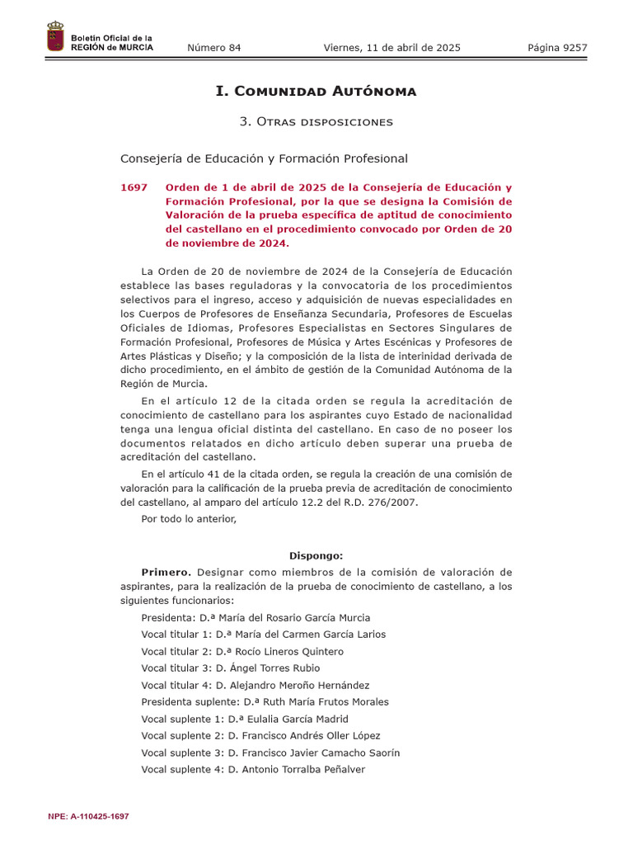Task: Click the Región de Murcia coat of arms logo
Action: pyautogui.click(x=55, y=38)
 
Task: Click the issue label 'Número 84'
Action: pyautogui.click(x=214, y=48)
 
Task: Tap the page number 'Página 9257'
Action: pyautogui.click(x=557, y=48)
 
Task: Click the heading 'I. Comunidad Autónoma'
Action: pyautogui.click(x=316, y=91)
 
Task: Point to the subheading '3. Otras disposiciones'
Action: pyautogui.click(x=316, y=122)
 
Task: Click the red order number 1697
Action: pyautogui.click(x=134, y=188)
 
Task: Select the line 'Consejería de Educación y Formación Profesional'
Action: pyautogui.click(x=264, y=158)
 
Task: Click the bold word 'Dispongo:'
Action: pyautogui.click(x=316, y=556)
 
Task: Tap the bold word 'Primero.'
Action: pyautogui.click(x=166, y=572)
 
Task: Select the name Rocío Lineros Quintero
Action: pyautogui.click(x=279, y=652)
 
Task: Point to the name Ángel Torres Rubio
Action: pyautogui.click(x=268, y=668)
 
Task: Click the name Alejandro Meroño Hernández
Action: pyautogui.click(x=293, y=686)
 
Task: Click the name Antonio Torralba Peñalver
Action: pyautogui.click(x=297, y=770)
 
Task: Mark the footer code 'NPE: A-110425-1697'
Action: pyautogui.click(x=89, y=816)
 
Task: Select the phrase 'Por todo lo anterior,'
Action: pyautogui.click(x=189, y=519)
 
